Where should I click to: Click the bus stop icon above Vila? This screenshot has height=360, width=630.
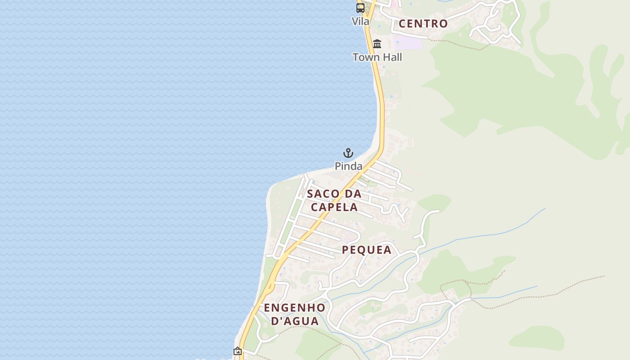tap(360, 8)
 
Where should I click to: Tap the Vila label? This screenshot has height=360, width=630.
tap(360, 21)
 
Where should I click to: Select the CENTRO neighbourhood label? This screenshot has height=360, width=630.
tap(423, 24)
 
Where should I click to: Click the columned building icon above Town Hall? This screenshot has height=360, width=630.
tap(377, 44)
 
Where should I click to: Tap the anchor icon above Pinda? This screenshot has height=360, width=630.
tap(348, 153)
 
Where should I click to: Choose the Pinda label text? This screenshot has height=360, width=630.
tap(348, 166)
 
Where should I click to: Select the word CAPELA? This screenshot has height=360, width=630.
tap(334, 207)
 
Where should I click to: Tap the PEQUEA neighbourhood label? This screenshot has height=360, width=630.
tap(367, 250)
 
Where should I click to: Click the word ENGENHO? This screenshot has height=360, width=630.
tap(294, 308)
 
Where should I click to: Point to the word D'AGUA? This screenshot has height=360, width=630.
tap(295, 321)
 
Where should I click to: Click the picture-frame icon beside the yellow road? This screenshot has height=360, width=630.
tap(238, 351)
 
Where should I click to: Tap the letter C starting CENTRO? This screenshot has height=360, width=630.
tap(403, 24)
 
